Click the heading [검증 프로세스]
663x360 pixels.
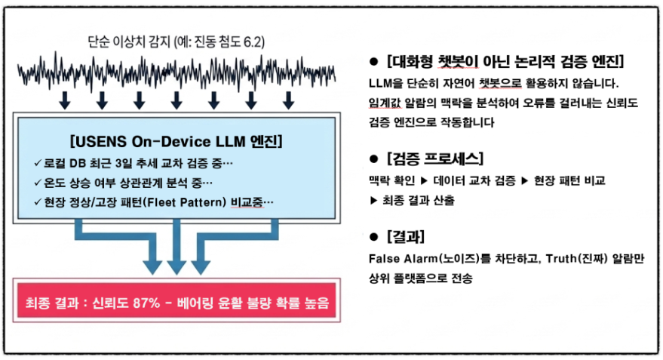coord(436,159)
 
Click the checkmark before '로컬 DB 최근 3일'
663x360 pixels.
coord(38,163)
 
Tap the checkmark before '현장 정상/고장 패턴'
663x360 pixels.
coord(38,202)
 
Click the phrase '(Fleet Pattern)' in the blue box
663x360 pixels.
coord(190,202)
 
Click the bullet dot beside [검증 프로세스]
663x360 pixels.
coord(373,159)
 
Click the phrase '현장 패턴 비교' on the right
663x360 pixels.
coord(570,182)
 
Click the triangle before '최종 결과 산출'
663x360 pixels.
coord(373,201)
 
